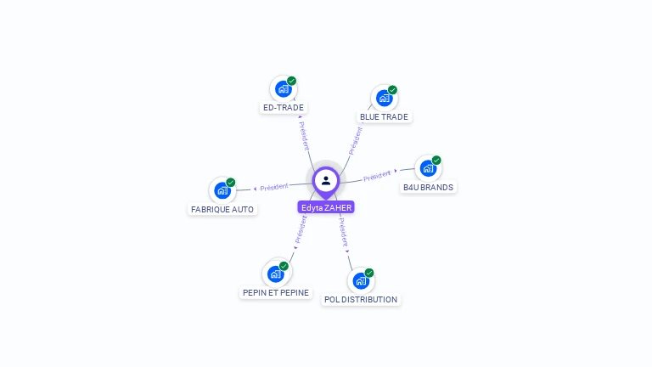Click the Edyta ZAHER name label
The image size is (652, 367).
click(326, 207)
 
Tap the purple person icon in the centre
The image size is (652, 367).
click(326, 180)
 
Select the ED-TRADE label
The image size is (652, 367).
click(284, 108)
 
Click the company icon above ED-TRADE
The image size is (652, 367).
click(283, 89)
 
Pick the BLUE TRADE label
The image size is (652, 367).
click(384, 116)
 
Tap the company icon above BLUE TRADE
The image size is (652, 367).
click(384, 99)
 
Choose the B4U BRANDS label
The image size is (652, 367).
click(428, 187)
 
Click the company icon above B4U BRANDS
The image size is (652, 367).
click(427, 168)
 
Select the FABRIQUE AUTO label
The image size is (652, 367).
click(222, 209)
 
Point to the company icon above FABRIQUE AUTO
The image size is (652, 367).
click(222, 190)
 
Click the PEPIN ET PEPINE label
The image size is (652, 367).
click(275, 292)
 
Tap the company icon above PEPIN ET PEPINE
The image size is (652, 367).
click(275, 274)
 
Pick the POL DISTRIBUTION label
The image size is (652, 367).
click(361, 299)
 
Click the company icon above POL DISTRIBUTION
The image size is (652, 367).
click(361, 280)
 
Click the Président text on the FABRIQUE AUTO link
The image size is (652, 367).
click(274, 187)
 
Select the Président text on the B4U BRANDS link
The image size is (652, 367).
click(377, 177)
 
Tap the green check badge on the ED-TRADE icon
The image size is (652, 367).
click(291, 82)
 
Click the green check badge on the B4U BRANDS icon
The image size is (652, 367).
click(436, 161)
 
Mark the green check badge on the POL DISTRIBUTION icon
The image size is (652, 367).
click(369, 273)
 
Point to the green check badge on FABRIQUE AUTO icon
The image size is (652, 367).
click(230, 183)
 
